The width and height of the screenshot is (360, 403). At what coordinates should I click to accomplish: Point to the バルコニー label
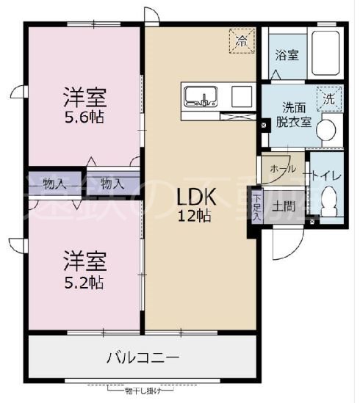coord(143,359)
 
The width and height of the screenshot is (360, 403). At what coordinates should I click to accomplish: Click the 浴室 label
coord(287,55)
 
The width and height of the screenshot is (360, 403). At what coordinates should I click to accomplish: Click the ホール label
coord(284,169)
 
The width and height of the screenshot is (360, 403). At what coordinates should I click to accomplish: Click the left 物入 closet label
coord(54,182)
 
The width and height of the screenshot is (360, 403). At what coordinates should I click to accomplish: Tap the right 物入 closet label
coord(112,182)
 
